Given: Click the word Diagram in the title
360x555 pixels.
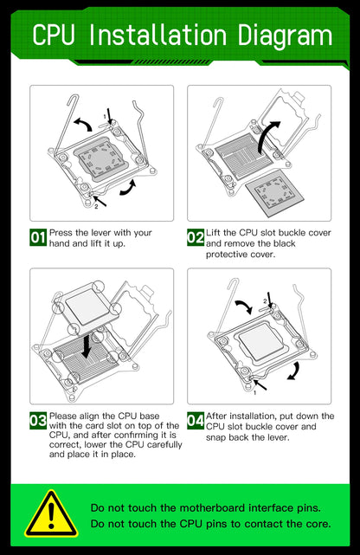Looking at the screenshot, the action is point(285,35).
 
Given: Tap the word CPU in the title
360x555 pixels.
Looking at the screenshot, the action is point(54,35).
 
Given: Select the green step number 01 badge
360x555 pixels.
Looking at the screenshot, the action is point(38,237).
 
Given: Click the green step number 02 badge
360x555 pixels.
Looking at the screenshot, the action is point(196,237).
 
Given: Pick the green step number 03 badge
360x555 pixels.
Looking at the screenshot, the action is point(38,421).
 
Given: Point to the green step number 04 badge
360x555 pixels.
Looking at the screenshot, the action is point(196,421).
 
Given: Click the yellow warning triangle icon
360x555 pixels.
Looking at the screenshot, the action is point(52,514).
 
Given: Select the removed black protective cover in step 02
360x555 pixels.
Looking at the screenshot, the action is point(275,192).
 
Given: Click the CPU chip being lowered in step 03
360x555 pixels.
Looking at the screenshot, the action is point(87,307).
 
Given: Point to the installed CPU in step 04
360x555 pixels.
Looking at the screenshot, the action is point(262,339).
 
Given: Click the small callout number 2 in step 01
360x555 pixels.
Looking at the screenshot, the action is point(96,207).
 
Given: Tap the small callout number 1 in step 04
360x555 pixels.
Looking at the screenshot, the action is point(255,392).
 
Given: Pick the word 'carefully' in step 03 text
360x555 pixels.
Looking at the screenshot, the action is point(164,444).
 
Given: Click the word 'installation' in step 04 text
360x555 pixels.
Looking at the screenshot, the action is point(247,416).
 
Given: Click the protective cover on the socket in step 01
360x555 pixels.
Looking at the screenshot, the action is point(101,158).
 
